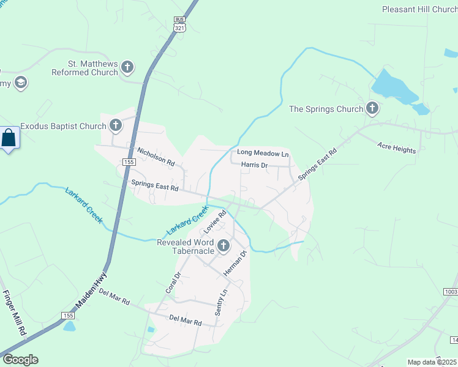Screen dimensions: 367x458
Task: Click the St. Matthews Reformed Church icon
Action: point(127,67)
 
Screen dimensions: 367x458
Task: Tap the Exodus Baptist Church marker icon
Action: point(115,126)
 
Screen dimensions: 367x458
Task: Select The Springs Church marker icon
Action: point(372,109)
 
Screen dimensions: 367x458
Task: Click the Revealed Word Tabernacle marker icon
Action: point(223,246)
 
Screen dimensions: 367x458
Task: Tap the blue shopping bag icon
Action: point(9,138)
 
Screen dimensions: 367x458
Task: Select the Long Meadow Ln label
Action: point(262,153)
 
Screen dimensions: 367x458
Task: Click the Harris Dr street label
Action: point(254,165)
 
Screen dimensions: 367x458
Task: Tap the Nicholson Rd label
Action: point(156,157)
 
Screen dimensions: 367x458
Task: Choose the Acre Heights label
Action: point(396,147)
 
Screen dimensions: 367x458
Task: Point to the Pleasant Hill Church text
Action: point(419,9)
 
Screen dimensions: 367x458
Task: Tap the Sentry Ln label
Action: point(220,303)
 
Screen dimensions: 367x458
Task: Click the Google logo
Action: point(20,360)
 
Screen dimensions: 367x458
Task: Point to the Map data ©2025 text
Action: point(432,362)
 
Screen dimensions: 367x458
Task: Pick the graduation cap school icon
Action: point(21,83)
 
